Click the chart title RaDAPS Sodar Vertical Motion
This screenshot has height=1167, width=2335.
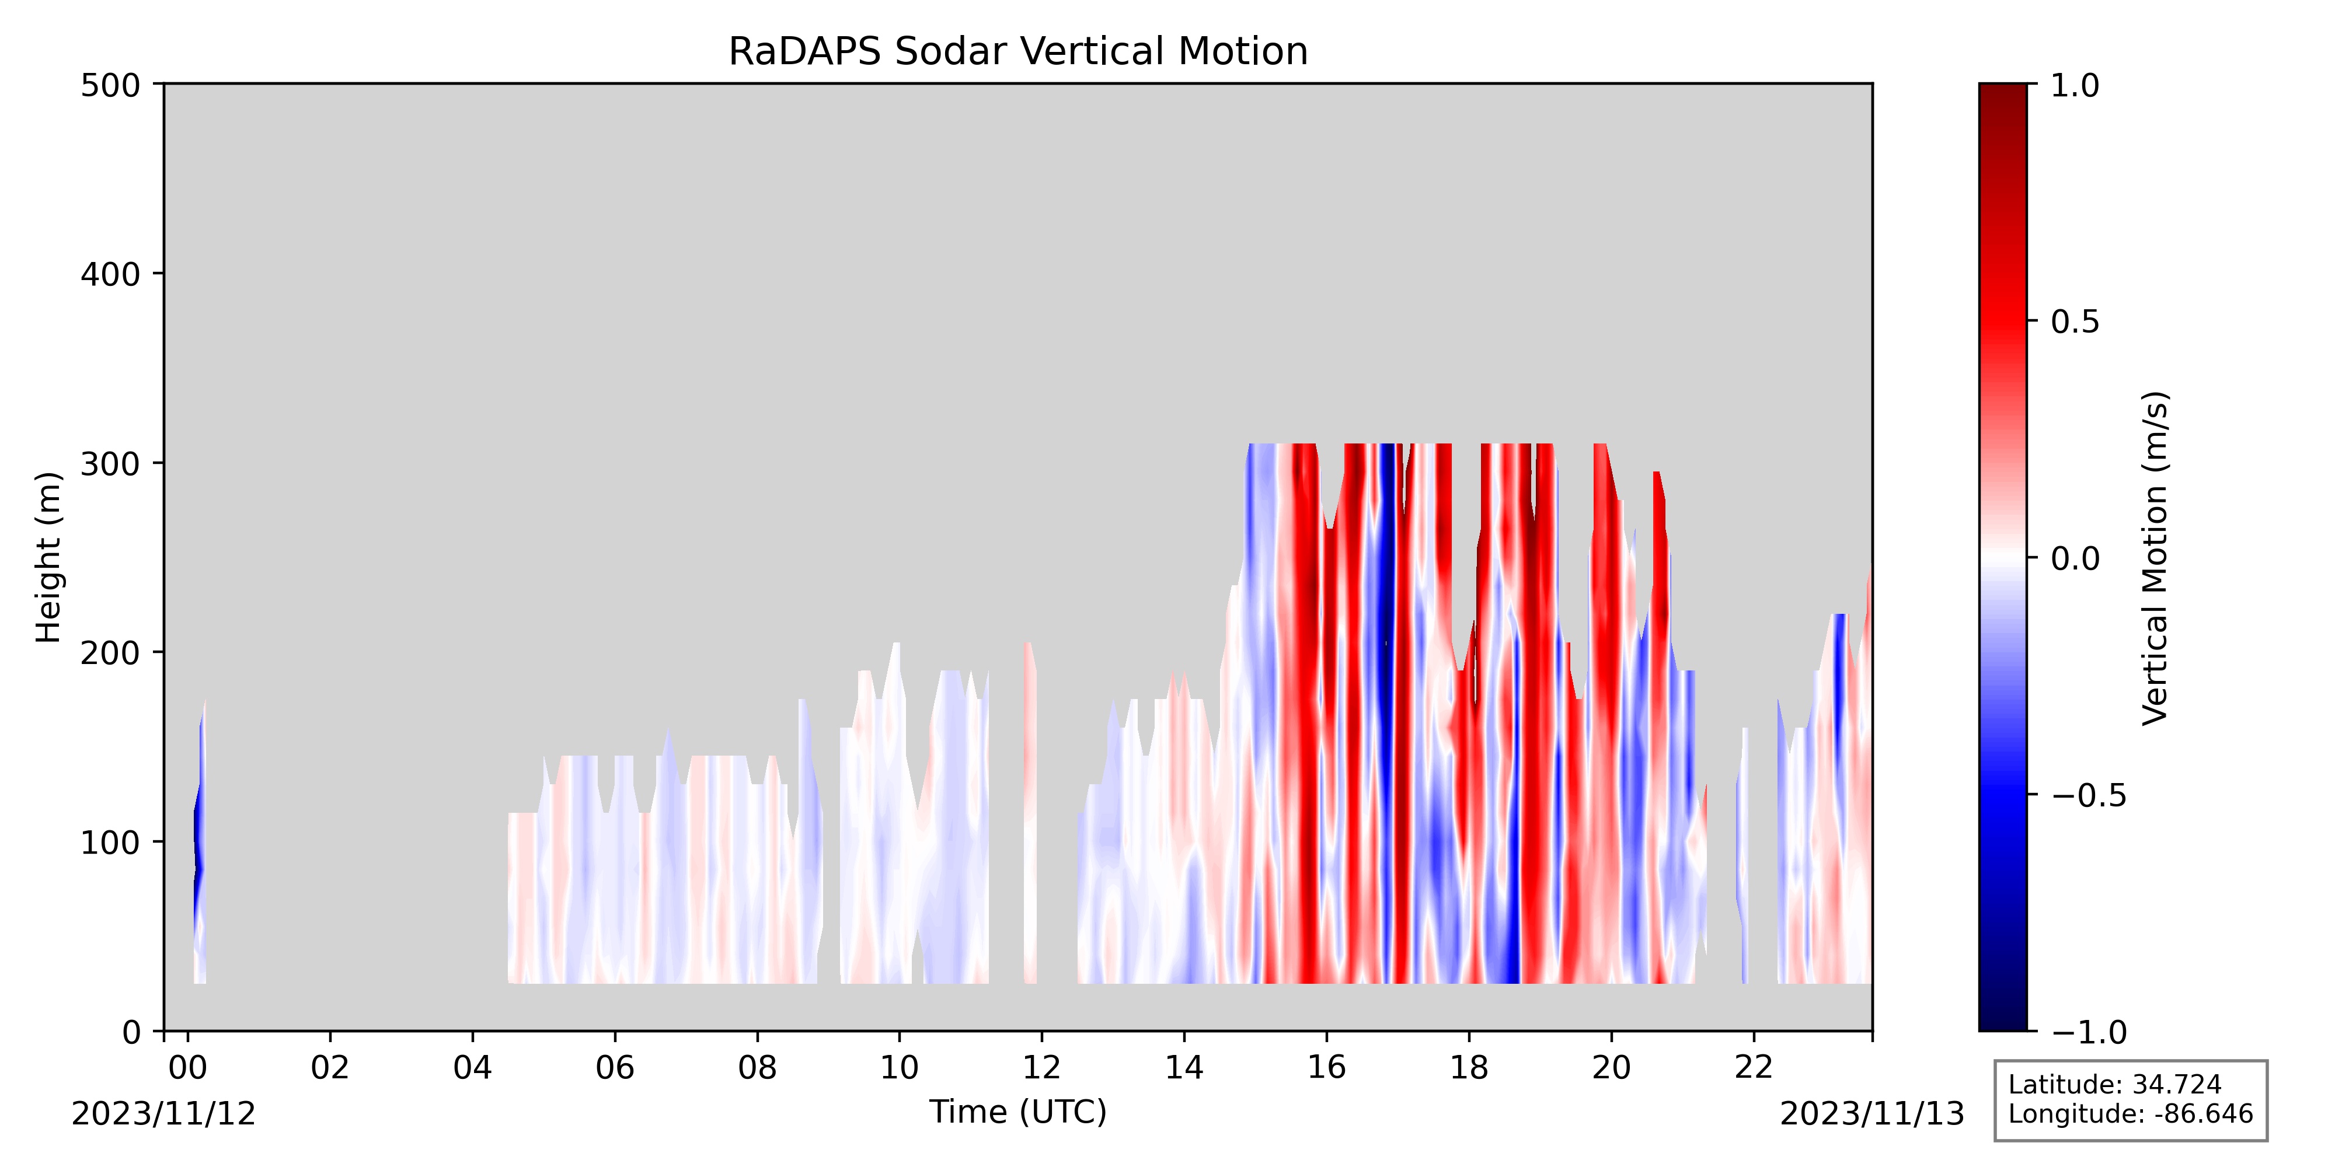(1018, 52)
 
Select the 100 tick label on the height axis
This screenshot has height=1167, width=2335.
(110, 843)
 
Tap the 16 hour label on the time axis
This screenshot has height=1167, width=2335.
(1326, 1067)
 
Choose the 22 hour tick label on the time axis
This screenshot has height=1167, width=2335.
(1753, 1067)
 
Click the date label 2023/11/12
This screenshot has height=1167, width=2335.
(164, 1113)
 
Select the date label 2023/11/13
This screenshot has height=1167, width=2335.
(1873, 1113)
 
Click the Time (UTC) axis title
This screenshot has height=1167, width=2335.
(1018, 1112)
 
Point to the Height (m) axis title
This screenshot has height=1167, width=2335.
(49, 557)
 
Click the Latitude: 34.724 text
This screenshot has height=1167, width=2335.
(2115, 1085)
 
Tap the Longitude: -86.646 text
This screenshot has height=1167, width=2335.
(2130, 1113)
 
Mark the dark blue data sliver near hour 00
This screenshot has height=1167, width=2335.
(198, 843)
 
